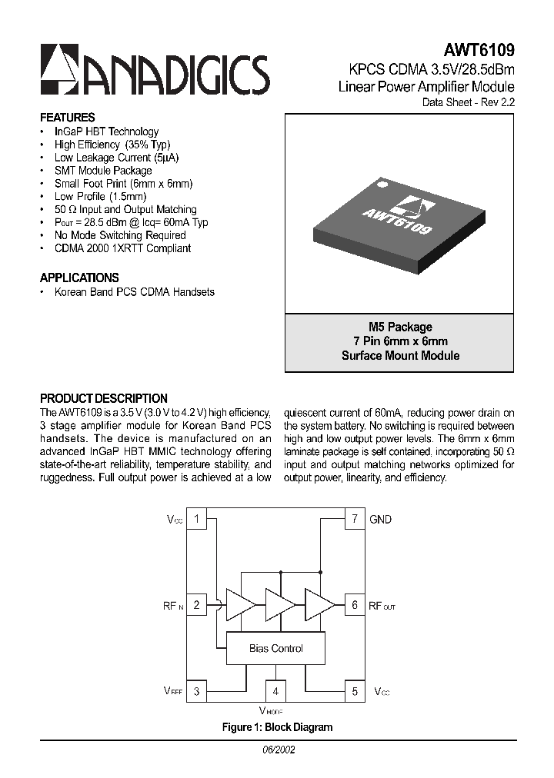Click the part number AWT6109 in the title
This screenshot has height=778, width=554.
pos(481,50)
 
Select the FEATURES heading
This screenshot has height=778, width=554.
pos(67,118)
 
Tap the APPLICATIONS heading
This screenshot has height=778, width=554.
pos(79,278)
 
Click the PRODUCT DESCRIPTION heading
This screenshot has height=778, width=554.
pos(103,398)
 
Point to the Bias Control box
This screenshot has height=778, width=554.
pos(275,649)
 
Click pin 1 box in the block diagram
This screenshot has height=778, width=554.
pos(197,519)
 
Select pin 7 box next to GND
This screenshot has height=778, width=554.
pos(354,519)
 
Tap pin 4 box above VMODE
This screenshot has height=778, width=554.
pos(275,691)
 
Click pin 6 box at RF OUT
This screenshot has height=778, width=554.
pos(354,605)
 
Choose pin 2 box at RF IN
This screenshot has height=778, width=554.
pos(197,605)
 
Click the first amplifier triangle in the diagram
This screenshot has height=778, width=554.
pos(239,604)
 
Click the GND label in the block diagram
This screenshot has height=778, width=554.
pos(381,520)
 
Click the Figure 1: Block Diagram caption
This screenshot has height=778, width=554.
pos(277,727)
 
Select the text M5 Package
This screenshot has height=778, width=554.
pos(400,327)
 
